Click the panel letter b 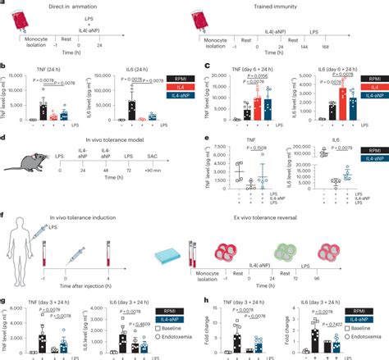coord(5,70)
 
